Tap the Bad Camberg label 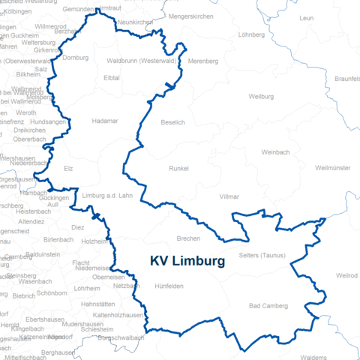268,306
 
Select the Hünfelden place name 169,286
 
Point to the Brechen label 188,238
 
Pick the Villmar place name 229,196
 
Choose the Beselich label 172,121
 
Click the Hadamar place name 105,120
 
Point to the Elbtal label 112,77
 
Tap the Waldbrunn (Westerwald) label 141,60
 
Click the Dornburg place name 75,58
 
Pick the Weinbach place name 275,152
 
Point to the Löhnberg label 252,34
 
